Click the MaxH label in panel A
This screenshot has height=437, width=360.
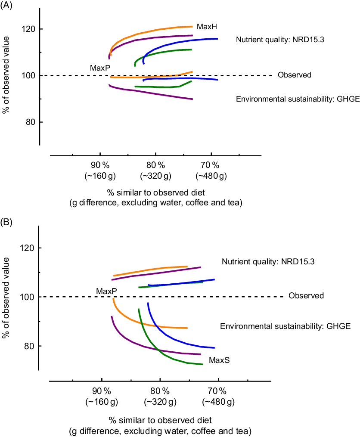207,27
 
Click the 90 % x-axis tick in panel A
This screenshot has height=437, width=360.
100,166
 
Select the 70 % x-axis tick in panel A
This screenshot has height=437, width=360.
211,166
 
